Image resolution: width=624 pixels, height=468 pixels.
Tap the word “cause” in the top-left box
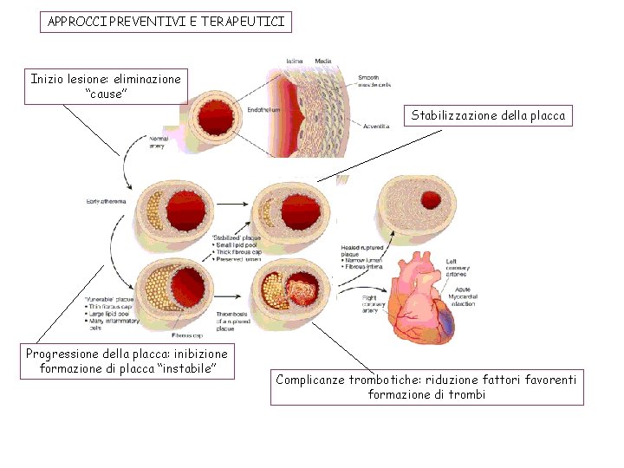tap(107, 94)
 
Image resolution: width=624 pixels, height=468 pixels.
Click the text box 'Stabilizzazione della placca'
tap(488, 115)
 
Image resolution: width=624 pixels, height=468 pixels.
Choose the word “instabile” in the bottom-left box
tap(181, 369)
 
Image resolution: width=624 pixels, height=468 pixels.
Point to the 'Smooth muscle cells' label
tap(374, 81)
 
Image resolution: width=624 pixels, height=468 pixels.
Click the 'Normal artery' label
tap(159, 142)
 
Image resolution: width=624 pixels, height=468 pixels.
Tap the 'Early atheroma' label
tap(106, 201)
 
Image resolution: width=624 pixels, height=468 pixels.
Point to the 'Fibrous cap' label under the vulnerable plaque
tap(187, 335)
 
